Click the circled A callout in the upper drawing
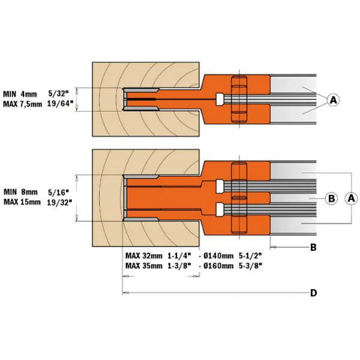click(x=333, y=100)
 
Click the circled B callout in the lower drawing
click(x=331, y=198)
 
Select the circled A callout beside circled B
click(x=351, y=198)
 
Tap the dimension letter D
click(x=313, y=293)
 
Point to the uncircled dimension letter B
click(x=313, y=247)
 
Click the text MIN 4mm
click(x=20, y=94)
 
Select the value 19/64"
click(x=60, y=104)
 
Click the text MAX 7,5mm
click(x=23, y=104)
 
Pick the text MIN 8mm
click(x=20, y=192)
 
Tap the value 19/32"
click(x=59, y=203)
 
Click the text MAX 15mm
click(x=22, y=202)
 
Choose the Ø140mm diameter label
click(x=218, y=256)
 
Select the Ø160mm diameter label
click(x=218, y=266)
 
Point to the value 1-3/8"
click(x=179, y=266)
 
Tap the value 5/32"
click(x=59, y=94)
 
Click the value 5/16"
click(x=59, y=192)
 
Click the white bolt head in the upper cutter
click(x=220, y=99)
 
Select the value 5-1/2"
click(x=250, y=256)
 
